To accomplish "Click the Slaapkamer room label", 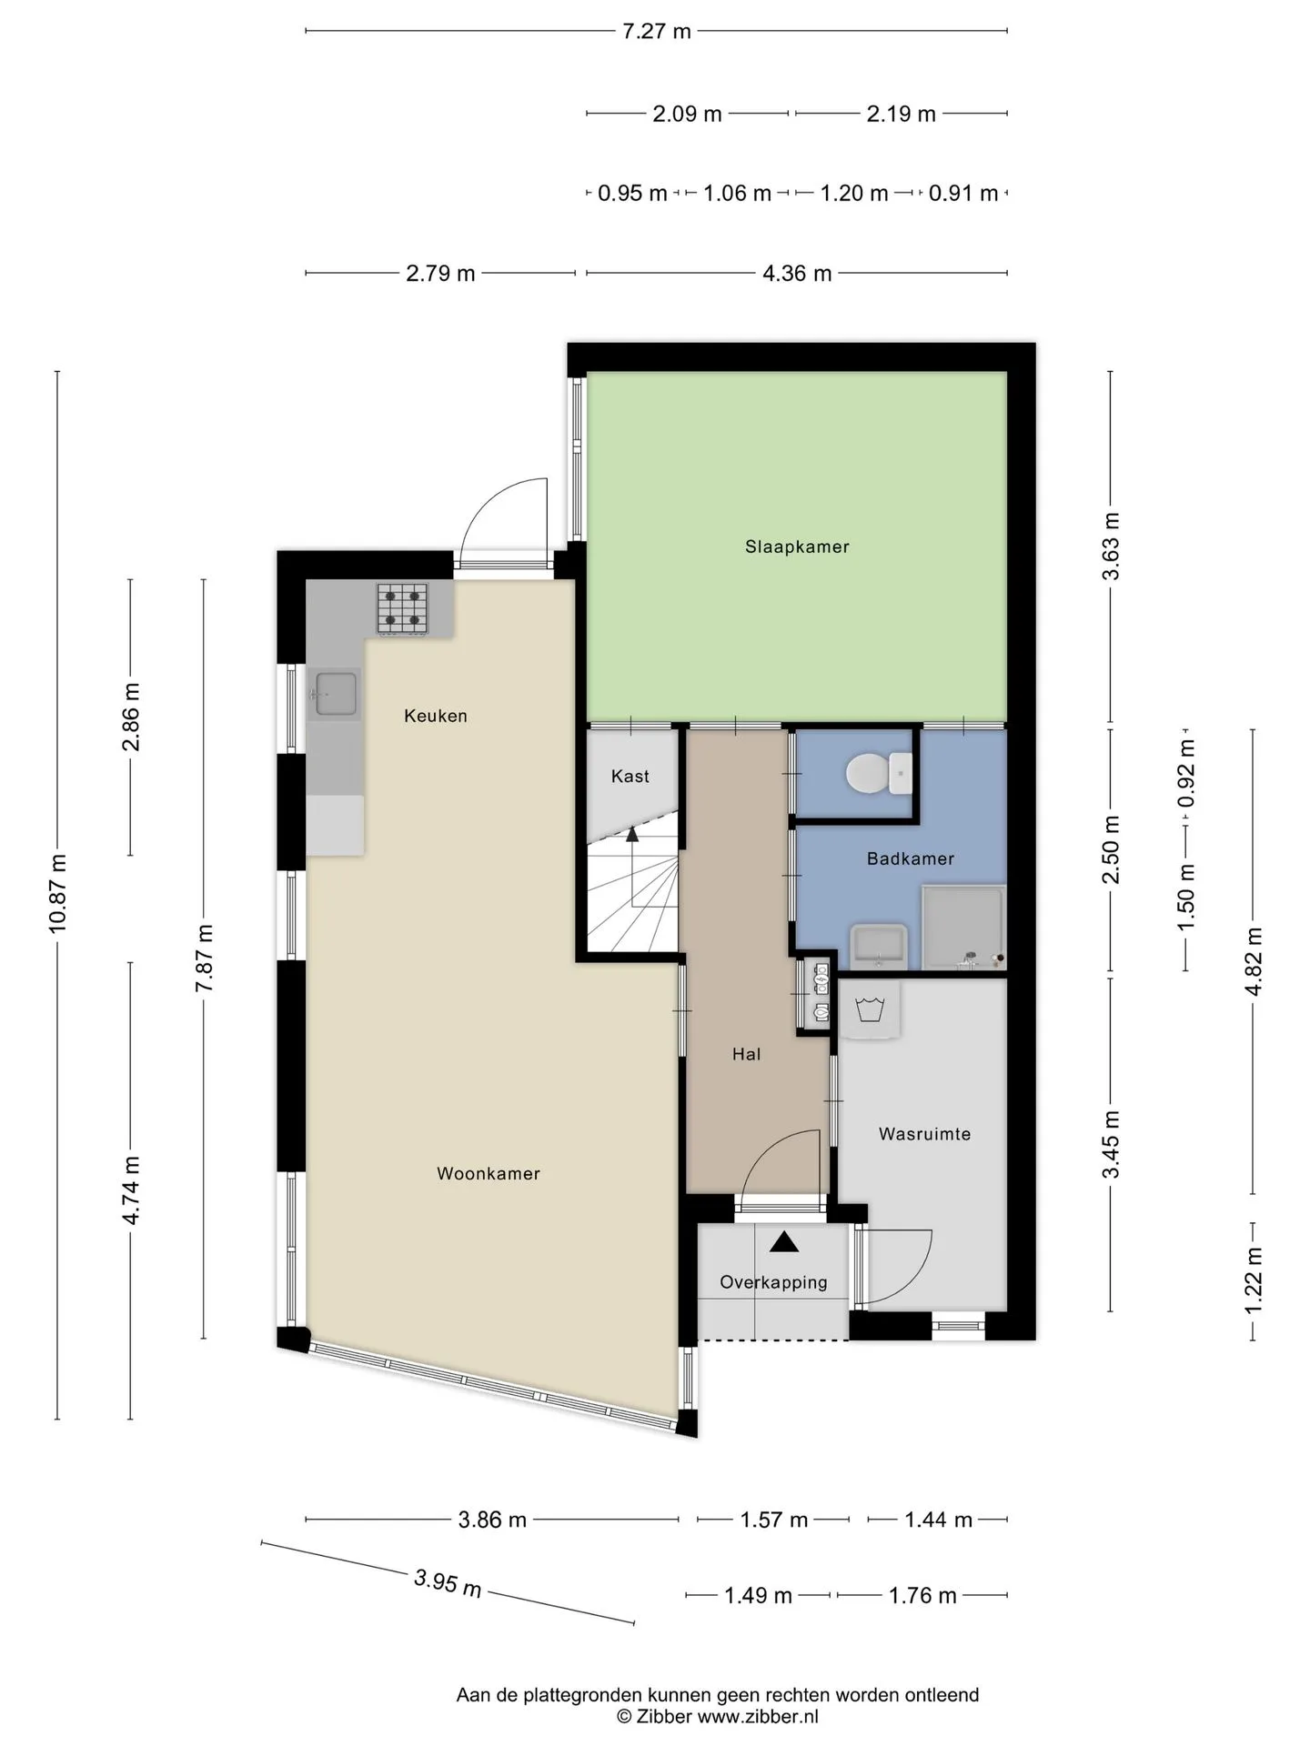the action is point(797,547).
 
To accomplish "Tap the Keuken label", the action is point(436,716).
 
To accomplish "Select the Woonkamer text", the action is point(489,1173).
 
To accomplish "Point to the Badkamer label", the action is point(911,858).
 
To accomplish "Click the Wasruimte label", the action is point(924,1134).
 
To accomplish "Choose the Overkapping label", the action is point(773,1282).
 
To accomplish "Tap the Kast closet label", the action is point(630,776).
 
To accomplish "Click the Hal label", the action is point(746,1054).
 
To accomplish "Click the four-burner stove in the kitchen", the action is point(403,608).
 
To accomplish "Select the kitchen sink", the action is point(334,694).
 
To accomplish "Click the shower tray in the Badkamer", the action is point(963,928).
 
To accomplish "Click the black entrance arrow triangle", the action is point(784,1241).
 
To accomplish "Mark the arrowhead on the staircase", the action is point(632,834).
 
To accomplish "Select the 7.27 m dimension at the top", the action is point(656,32).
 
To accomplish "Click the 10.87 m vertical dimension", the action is point(57,894).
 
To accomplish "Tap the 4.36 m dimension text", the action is point(797,273).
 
